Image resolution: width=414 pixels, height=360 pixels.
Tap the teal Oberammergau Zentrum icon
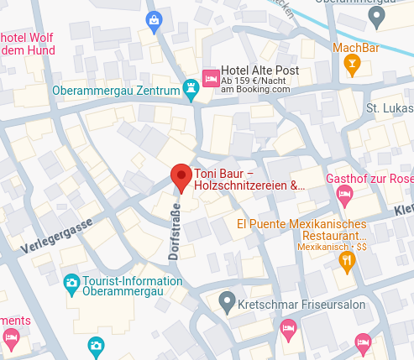(x=192, y=90)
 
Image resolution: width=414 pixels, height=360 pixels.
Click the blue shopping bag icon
(x=154, y=19)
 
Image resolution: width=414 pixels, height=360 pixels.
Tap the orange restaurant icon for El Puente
(x=346, y=262)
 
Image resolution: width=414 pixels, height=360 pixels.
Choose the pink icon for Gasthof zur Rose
(x=343, y=195)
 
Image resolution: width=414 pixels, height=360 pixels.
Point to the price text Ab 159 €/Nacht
(x=256, y=80)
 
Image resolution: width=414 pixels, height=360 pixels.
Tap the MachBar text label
(x=356, y=48)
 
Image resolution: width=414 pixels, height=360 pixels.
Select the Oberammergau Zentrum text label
(x=116, y=90)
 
